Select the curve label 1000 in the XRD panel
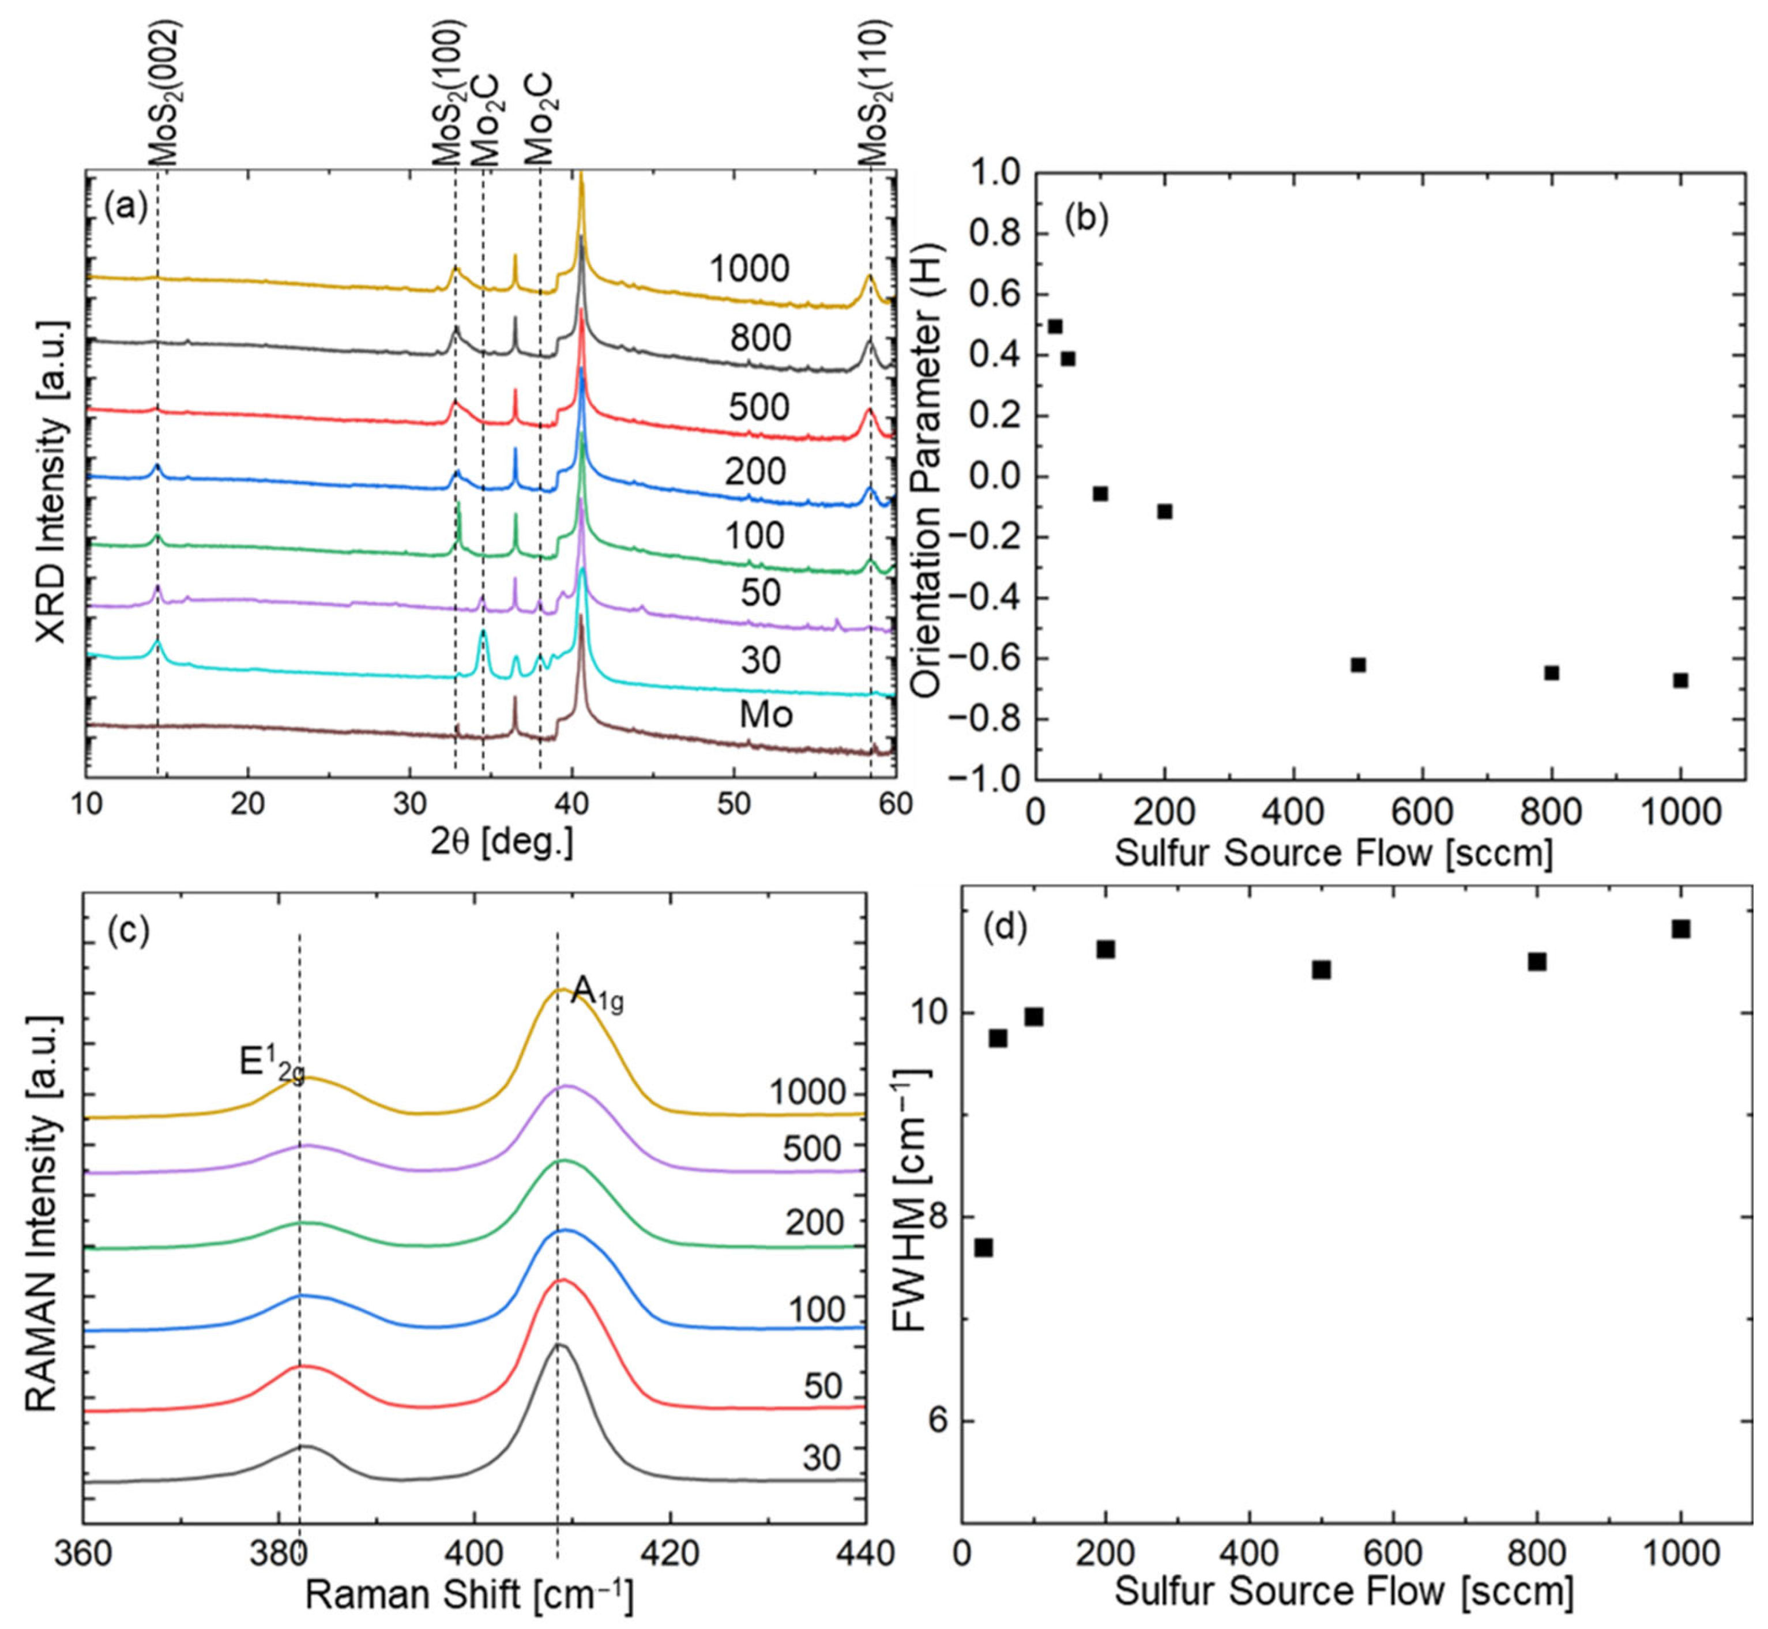(750, 269)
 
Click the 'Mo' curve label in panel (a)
(765, 714)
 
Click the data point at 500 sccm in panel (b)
(1358, 665)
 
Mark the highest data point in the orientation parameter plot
(1055, 326)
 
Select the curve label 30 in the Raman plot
(821, 1458)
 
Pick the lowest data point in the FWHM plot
(984, 1247)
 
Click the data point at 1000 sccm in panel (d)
(1681, 929)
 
